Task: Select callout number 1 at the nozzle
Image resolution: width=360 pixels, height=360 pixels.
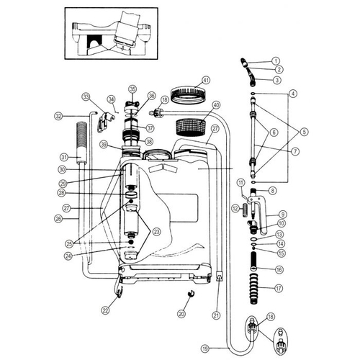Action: tap(275, 60)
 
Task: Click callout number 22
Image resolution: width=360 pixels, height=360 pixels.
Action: tap(106, 310)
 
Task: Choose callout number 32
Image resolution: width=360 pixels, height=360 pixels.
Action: tap(59, 115)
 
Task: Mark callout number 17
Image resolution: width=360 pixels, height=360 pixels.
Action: tap(279, 288)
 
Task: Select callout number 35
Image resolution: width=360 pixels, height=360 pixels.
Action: tap(132, 89)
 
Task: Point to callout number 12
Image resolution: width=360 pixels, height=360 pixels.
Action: tap(235, 207)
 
